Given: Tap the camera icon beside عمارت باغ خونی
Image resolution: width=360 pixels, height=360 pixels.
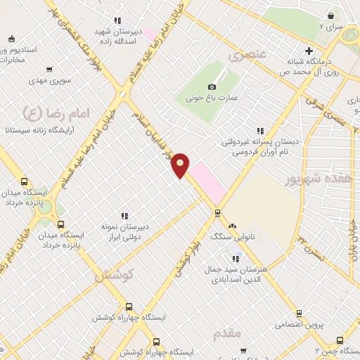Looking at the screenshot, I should point(212,86).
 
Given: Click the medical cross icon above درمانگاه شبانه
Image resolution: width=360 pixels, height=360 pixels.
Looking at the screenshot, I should point(309,50).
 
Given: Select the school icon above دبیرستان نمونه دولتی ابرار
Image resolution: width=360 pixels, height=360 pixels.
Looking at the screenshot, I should point(124,216).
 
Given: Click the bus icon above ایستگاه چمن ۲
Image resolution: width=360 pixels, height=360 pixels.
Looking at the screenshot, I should point(340,339).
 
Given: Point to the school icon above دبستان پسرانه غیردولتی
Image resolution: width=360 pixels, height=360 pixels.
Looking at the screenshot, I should point(260,130).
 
